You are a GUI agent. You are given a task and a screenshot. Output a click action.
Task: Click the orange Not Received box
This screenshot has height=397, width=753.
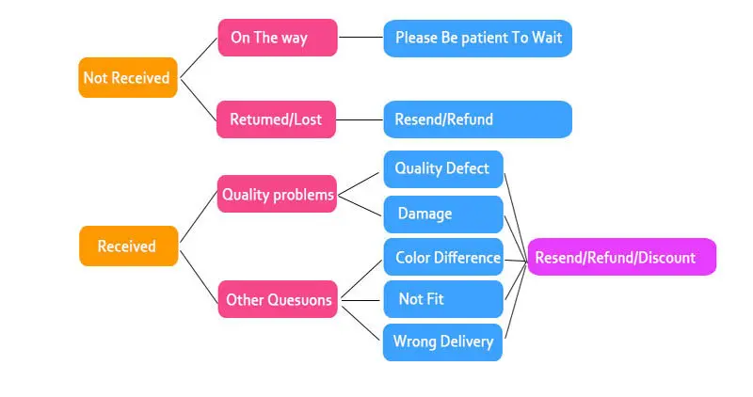127,78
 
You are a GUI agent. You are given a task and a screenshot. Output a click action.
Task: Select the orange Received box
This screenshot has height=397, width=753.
127,246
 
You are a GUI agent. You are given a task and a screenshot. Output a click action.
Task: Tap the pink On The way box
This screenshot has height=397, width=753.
277,38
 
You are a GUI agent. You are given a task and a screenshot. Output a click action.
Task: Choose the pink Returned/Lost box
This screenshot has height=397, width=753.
276,119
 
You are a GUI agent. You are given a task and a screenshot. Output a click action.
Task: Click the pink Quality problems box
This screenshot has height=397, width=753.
277,195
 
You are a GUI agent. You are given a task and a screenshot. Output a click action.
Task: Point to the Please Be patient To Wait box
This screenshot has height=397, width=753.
477,39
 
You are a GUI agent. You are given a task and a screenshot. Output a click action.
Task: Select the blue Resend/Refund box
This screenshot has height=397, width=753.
477,119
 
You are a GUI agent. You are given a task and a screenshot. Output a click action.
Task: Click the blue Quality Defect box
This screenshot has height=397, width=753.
442,168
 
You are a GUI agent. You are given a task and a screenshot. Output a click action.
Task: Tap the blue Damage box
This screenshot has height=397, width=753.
442,214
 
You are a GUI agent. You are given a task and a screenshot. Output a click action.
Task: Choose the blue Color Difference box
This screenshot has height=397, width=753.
442,257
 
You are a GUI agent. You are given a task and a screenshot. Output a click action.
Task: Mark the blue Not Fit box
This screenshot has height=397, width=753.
442,299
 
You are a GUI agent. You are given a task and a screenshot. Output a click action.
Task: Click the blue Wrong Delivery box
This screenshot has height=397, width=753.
442,341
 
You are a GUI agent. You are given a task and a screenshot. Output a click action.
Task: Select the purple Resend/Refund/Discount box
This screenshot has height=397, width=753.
621,257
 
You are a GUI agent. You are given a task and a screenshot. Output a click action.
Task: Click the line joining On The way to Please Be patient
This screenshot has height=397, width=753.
360,39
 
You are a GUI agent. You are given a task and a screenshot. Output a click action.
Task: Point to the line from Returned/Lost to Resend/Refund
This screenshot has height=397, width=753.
360,119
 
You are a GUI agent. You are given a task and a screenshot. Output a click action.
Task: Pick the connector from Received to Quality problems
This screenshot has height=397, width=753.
198,220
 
